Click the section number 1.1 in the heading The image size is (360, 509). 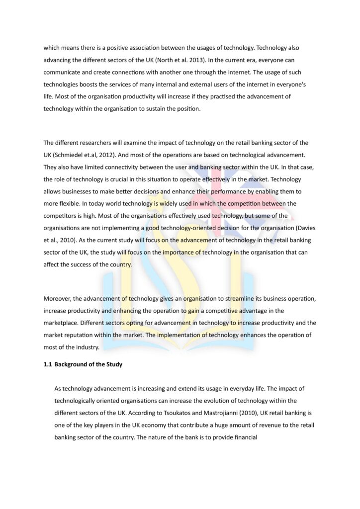coord(48,364)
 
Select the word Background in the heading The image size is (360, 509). coord(74,364)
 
